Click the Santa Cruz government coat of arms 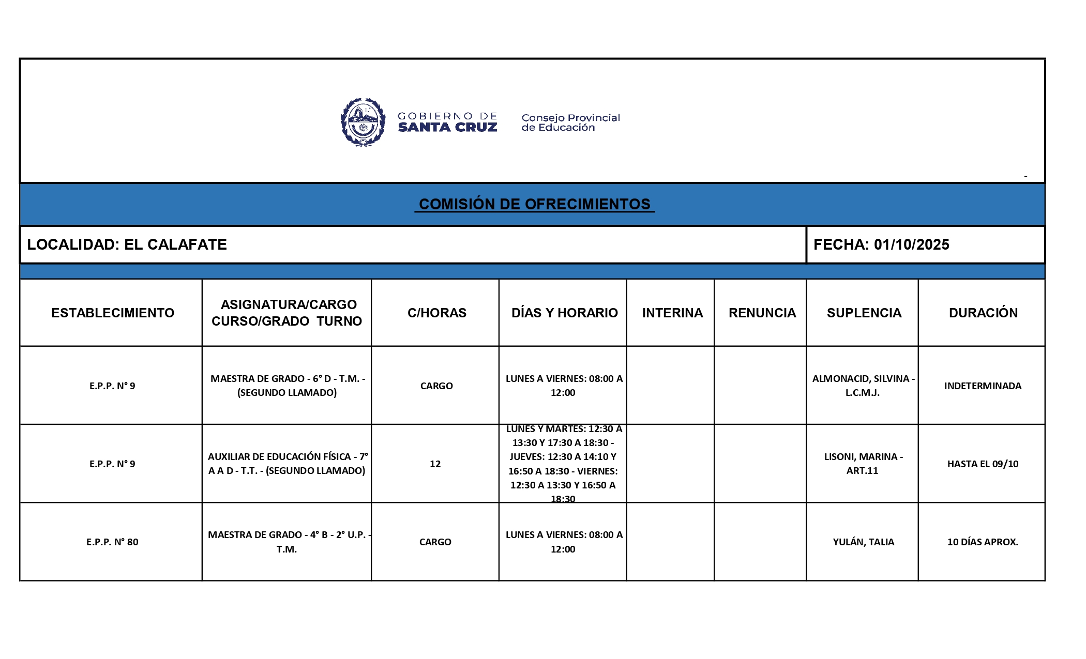pos(363,122)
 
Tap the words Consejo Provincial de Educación pos(570,122)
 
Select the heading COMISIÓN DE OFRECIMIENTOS pos(534,204)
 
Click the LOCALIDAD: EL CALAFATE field pos(127,244)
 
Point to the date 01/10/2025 pos(911,244)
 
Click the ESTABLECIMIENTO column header pos(112,313)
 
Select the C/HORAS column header pos(436,313)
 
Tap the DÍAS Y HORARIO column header pos(564,313)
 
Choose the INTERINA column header pos(672,313)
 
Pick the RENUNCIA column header pos(762,313)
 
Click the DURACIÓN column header pos(983,313)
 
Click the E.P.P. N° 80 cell pos(112,542)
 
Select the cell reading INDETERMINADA pos(983,386)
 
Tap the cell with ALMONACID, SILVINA pos(863,386)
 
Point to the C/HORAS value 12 pos(435,464)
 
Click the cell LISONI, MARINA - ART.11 pos(863,464)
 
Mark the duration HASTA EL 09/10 pos(983,464)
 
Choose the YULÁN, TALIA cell pos(863,542)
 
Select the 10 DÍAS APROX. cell pos(983,542)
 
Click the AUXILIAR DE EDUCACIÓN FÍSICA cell pos(287,464)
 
